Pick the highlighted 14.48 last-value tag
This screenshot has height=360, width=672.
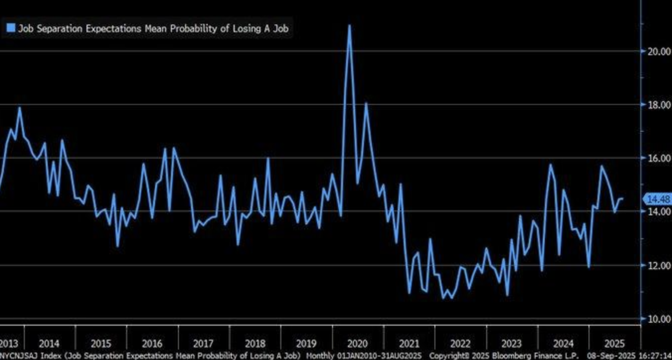(659, 199)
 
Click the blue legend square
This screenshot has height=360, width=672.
(10, 28)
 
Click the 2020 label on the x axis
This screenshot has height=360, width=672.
(357, 343)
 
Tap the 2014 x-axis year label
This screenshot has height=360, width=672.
(49, 343)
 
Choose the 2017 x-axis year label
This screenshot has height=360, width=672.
(203, 343)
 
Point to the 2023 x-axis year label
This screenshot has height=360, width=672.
(511, 343)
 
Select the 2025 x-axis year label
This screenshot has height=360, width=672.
(614, 343)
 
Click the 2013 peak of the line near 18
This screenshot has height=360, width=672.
(19, 107)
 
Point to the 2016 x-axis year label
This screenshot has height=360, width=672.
(152, 343)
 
